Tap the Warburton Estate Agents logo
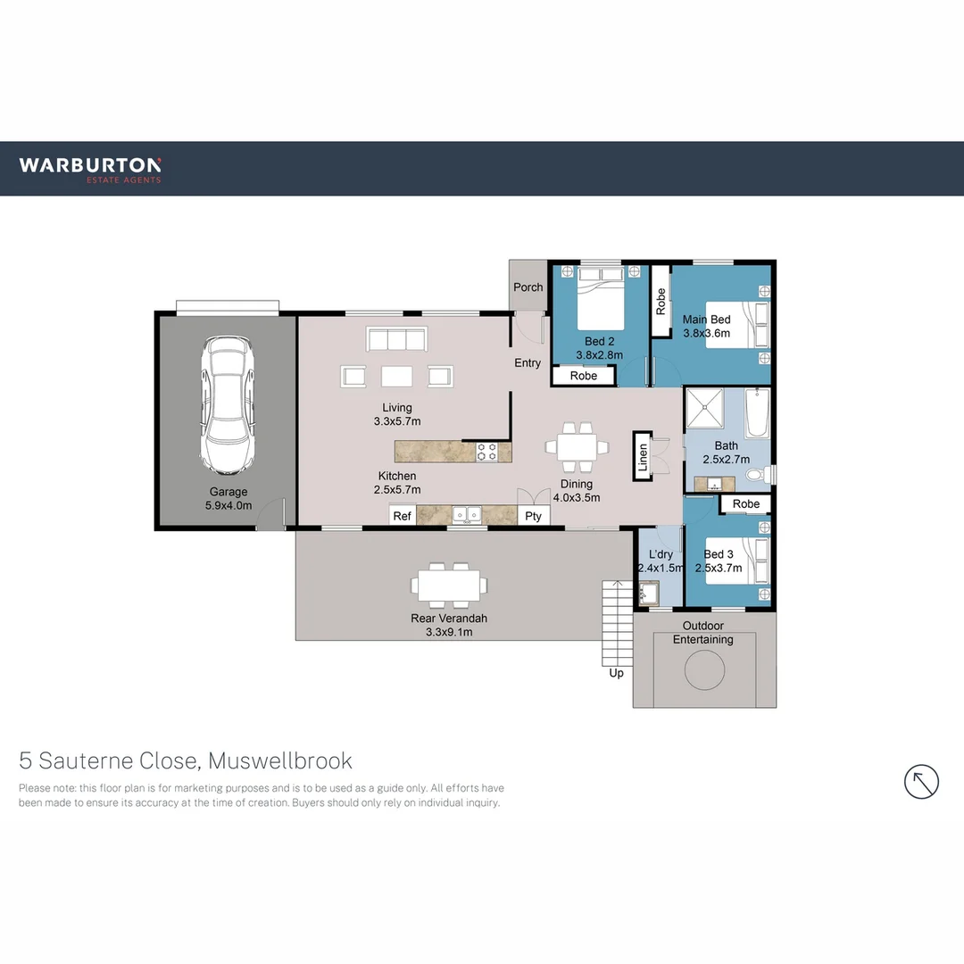pyautogui.click(x=90, y=169)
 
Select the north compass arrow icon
pyautogui.click(x=921, y=782)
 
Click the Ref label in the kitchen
pyautogui.click(x=403, y=516)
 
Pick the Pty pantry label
pyautogui.click(x=534, y=516)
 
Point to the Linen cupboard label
pyautogui.click(x=642, y=455)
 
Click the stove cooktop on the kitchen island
pyautogui.click(x=487, y=453)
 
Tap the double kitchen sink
pyautogui.click(x=467, y=514)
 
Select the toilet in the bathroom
pyautogui.click(x=755, y=475)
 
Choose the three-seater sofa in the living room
pyautogui.click(x=396, y=340)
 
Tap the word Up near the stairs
pyautogui.click(x=616, y=673)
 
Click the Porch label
pyautogui.click(x=528, y=287)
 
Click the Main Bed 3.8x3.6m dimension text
pyautogui.click(x=706, y=333)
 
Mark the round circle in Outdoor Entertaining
pyautogui.click(x=704, y=669)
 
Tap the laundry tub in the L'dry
pyautogui.click(x=647, y=592)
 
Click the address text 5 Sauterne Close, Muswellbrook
pyautogui.click(x=186, y=761)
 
